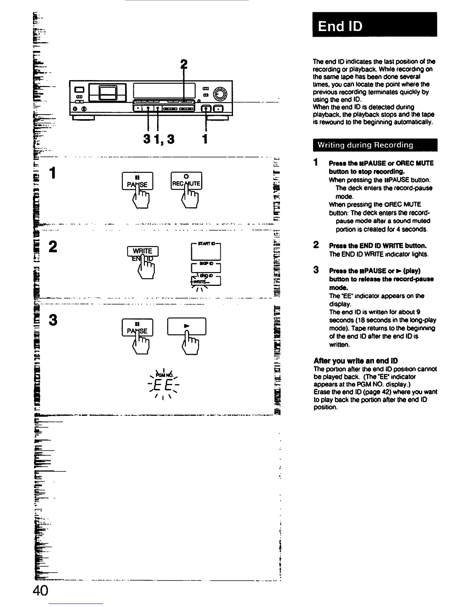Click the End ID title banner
click(x=374, y=25)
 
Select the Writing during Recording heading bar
click(x=374, y=145)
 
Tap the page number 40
click(x=40, y=591)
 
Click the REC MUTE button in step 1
click(x=186, y=181)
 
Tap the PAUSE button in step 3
click(x=137, y=328)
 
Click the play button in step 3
click(x=187, y=326)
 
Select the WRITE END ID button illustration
click(x=143, y=253)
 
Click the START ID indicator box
click(x=206, y=252)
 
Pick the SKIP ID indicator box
click(x=206, y=267)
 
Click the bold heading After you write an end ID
click(x=356, y=361)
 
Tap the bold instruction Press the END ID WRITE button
click(x=377, y=246)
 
